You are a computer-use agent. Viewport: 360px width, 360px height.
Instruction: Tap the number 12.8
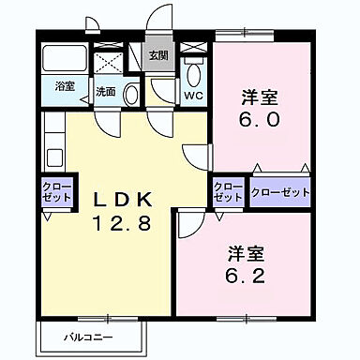[x=122, y=226]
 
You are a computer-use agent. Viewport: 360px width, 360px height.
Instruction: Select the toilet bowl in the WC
[x=195, y=72]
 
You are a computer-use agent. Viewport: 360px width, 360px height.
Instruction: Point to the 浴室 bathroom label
[x=64, y=86]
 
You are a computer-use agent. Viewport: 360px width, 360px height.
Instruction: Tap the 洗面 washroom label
[x=105, y=93]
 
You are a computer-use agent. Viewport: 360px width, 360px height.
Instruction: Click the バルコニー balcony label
[x=90, y=335]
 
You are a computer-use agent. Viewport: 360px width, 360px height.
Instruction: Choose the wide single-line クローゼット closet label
[x=280, y=192]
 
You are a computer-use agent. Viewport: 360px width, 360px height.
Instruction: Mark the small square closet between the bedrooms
[x=229, y=192]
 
